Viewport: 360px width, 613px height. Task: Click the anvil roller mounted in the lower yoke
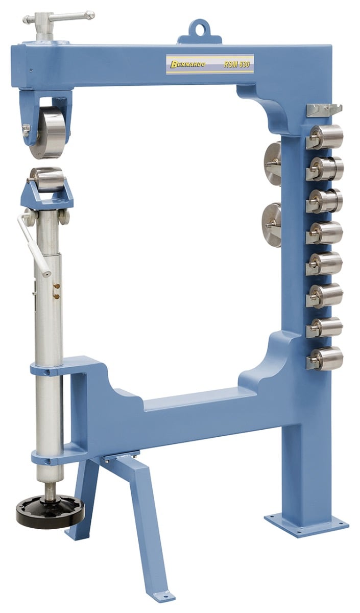pos(47,179)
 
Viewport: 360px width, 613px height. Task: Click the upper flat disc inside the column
pos(273,162)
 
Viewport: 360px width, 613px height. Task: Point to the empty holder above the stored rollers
pos(324,109)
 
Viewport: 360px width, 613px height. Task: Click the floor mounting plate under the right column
pos(306,521)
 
